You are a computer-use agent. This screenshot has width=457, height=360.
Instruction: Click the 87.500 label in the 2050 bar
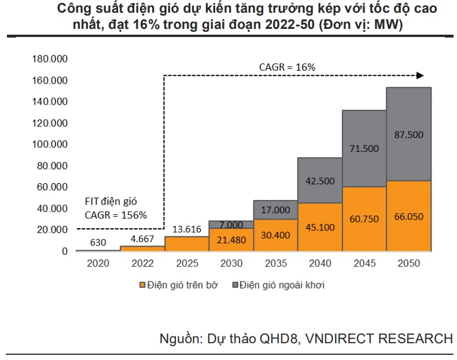409,135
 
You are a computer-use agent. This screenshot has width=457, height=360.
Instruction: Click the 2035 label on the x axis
275,263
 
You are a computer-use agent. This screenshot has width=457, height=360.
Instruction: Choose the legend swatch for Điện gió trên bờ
141,285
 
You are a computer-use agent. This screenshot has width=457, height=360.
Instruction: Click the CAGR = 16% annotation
287,67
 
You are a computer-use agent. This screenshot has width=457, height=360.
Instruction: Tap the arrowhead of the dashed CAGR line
421,75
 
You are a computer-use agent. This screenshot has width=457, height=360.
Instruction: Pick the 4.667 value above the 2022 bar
142,238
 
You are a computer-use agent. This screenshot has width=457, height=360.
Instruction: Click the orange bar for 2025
186,244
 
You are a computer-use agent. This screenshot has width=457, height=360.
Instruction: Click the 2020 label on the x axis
97,263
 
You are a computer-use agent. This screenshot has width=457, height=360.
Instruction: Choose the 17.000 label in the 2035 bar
275,210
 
